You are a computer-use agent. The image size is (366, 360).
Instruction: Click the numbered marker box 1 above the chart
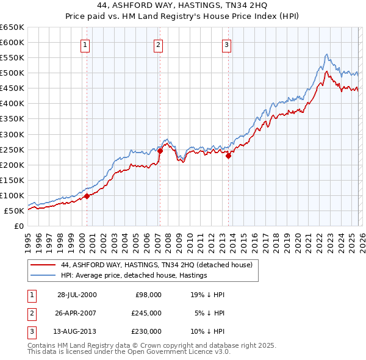coord(85,44)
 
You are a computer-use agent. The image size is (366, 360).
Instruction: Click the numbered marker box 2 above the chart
coord(158,44)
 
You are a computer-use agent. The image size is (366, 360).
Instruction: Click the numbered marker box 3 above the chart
coord(226,44)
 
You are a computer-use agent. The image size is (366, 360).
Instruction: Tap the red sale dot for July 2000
coord(87,196)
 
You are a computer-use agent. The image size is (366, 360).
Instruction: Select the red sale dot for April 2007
coord(160,151)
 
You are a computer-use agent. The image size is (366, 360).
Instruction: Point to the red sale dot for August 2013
coord(228,156)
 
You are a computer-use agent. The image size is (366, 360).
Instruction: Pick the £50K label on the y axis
coord(14,211)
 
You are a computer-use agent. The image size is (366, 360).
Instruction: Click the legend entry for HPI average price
coord(134,275)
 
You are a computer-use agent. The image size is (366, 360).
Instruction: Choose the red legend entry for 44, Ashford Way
coord(152,265)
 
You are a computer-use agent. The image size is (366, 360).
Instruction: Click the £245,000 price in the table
coord(146,312)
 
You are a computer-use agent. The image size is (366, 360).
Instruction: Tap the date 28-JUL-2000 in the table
coord(77,294)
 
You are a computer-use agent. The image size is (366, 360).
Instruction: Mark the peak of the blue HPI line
coord(327,54)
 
